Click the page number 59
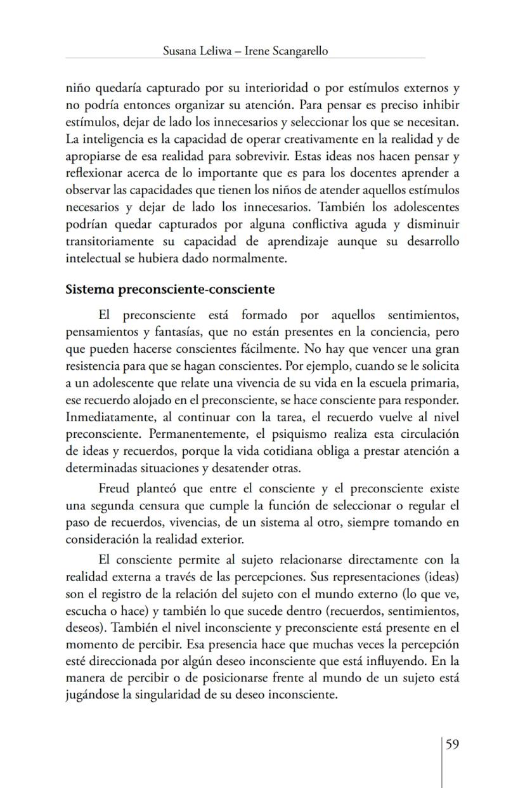point(452,744)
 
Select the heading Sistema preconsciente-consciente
point(170,290)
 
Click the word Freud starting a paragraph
point(115,489)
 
